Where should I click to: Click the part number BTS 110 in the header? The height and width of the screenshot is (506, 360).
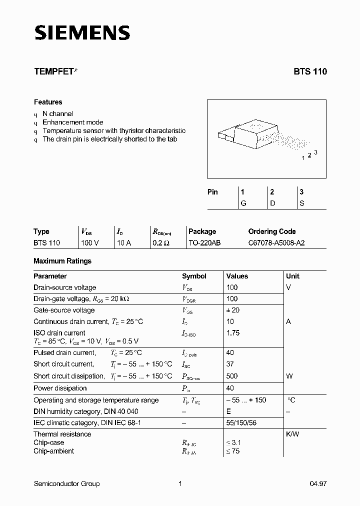310,71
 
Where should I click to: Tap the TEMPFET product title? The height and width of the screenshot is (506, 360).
53,71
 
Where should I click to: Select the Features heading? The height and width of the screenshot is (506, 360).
48,102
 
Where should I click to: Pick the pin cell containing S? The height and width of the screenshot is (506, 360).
301,203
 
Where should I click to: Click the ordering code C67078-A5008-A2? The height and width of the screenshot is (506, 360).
276,243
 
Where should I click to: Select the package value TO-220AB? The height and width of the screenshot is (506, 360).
204,243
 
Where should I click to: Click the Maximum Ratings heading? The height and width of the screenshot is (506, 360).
62,261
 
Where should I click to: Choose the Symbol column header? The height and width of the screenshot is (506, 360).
194,276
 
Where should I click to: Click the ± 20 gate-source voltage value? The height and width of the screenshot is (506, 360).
233,310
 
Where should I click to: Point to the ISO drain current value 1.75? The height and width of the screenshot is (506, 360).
233,333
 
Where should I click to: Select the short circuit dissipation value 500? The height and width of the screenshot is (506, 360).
232,376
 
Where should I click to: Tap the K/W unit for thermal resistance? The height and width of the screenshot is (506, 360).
292,434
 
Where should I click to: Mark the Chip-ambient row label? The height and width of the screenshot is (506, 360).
53,451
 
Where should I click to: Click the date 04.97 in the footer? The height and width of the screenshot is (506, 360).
318,483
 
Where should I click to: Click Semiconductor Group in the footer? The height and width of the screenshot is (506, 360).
66,483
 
